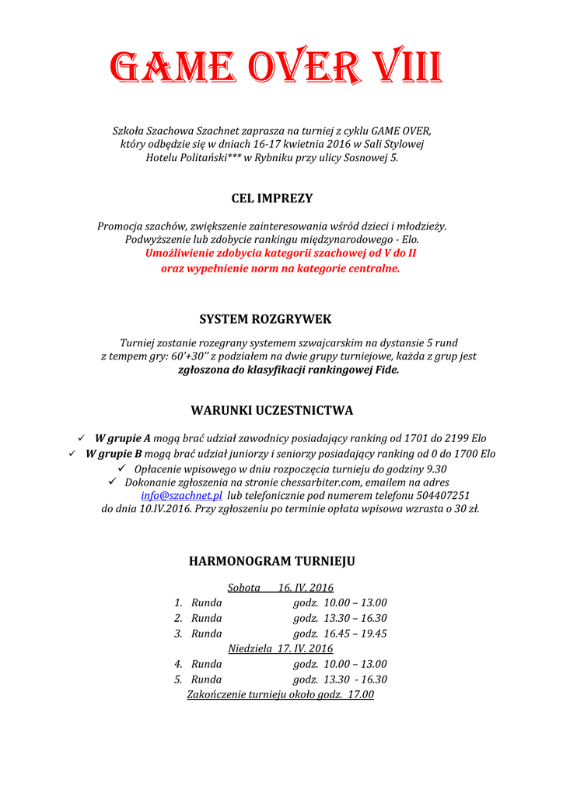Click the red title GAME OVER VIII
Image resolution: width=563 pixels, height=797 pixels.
pos(276,68)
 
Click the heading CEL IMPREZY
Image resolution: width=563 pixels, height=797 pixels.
pos(272,198)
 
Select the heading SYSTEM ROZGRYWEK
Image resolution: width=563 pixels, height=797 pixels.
pos(265,319)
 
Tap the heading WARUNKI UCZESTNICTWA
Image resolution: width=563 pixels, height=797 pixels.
pos(272,410)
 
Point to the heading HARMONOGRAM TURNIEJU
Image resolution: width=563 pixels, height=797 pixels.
pos(272,561)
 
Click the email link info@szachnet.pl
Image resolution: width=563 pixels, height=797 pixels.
pos(182,495)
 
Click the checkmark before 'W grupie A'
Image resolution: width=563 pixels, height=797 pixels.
pos(82,438)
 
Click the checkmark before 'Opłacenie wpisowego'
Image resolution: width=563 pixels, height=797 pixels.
pos(121,469)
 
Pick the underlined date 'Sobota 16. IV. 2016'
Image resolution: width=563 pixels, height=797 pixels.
pos(280,588)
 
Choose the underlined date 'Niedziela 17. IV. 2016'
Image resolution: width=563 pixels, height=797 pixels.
pos(280,648)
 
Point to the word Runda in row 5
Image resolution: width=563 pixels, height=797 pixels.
pos(206,679)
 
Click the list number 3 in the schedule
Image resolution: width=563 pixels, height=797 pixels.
pos(178,634)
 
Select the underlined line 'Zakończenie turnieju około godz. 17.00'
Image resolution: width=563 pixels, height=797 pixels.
pos(280,694)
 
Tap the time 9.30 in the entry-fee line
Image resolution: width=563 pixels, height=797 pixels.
pos(436,469)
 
